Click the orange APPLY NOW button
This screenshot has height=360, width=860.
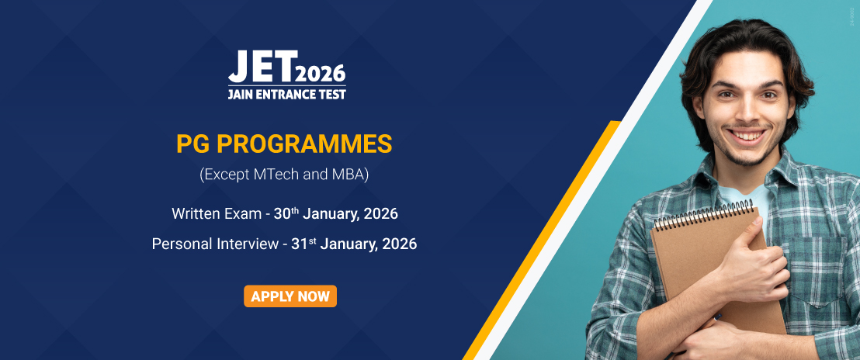(x=290, y=296)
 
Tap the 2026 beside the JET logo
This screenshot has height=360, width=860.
(x=322, y=73)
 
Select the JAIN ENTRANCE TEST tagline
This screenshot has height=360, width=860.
(x=287, y=94)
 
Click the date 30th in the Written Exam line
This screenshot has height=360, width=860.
(x=286, y=213)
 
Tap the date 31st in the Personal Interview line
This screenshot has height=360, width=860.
(x=303, y=244)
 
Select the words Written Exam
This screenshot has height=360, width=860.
(x=216, y=213)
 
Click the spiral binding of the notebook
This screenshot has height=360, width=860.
(x=703, y=214)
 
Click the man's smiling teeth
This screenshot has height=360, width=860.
(x=747, y=134)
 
